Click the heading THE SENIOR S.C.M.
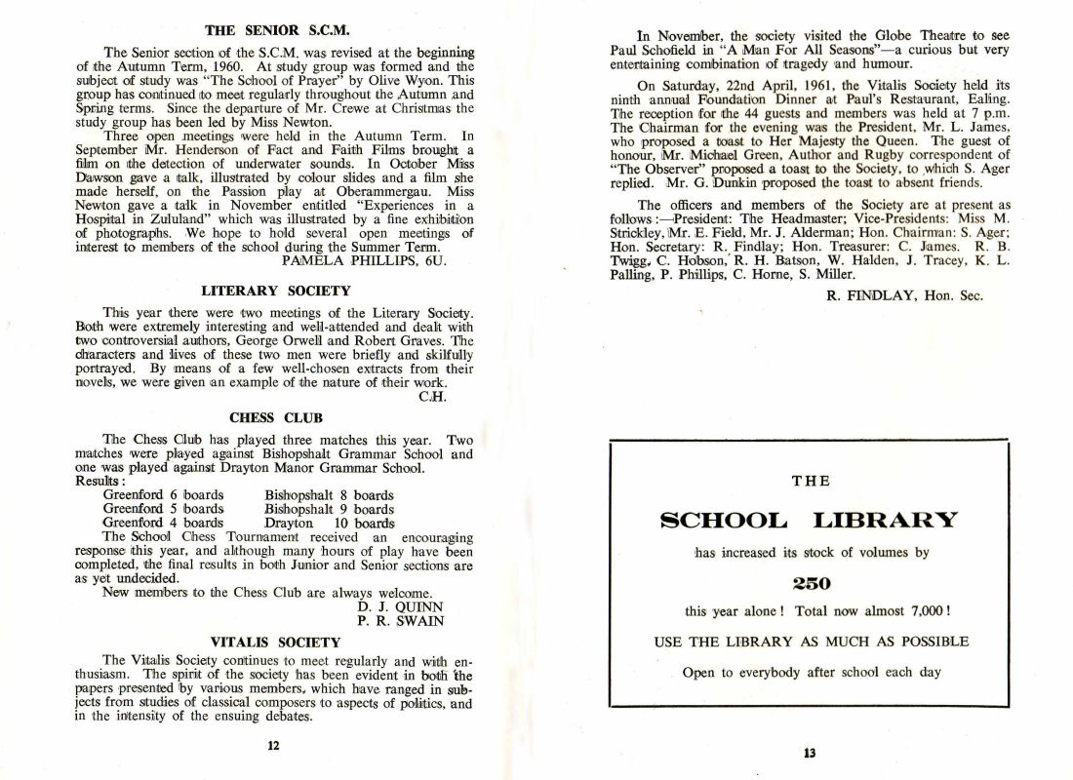tap(275, 30)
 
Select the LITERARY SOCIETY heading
tap(275, 291)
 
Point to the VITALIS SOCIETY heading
tap(275, 643)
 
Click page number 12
tap(274, 747)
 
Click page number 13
tap(810, 752)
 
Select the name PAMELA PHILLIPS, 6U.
tap(362, 261)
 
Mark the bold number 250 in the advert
tap(810, 583)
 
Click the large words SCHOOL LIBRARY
tap(810, 519)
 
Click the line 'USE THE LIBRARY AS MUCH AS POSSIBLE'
tap(810, 642)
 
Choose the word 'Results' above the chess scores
tap(99, 482)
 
